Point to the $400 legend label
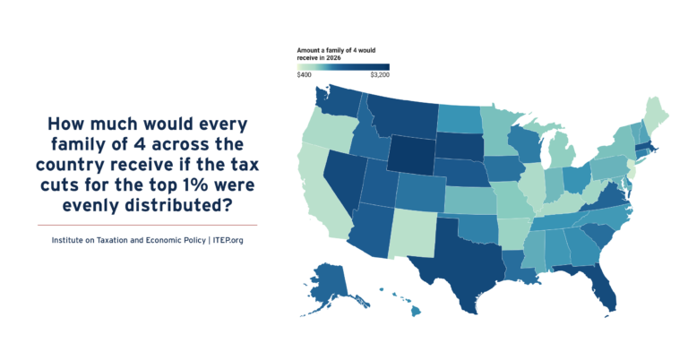305,75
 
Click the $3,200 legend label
379,75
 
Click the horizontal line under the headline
147,225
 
